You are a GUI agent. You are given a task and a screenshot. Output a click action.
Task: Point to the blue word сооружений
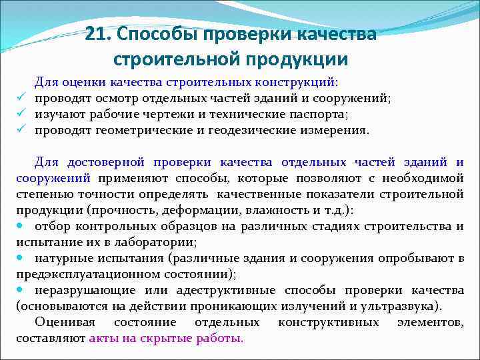point(53,178)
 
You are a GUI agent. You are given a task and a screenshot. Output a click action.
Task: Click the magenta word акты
point(103,338)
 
